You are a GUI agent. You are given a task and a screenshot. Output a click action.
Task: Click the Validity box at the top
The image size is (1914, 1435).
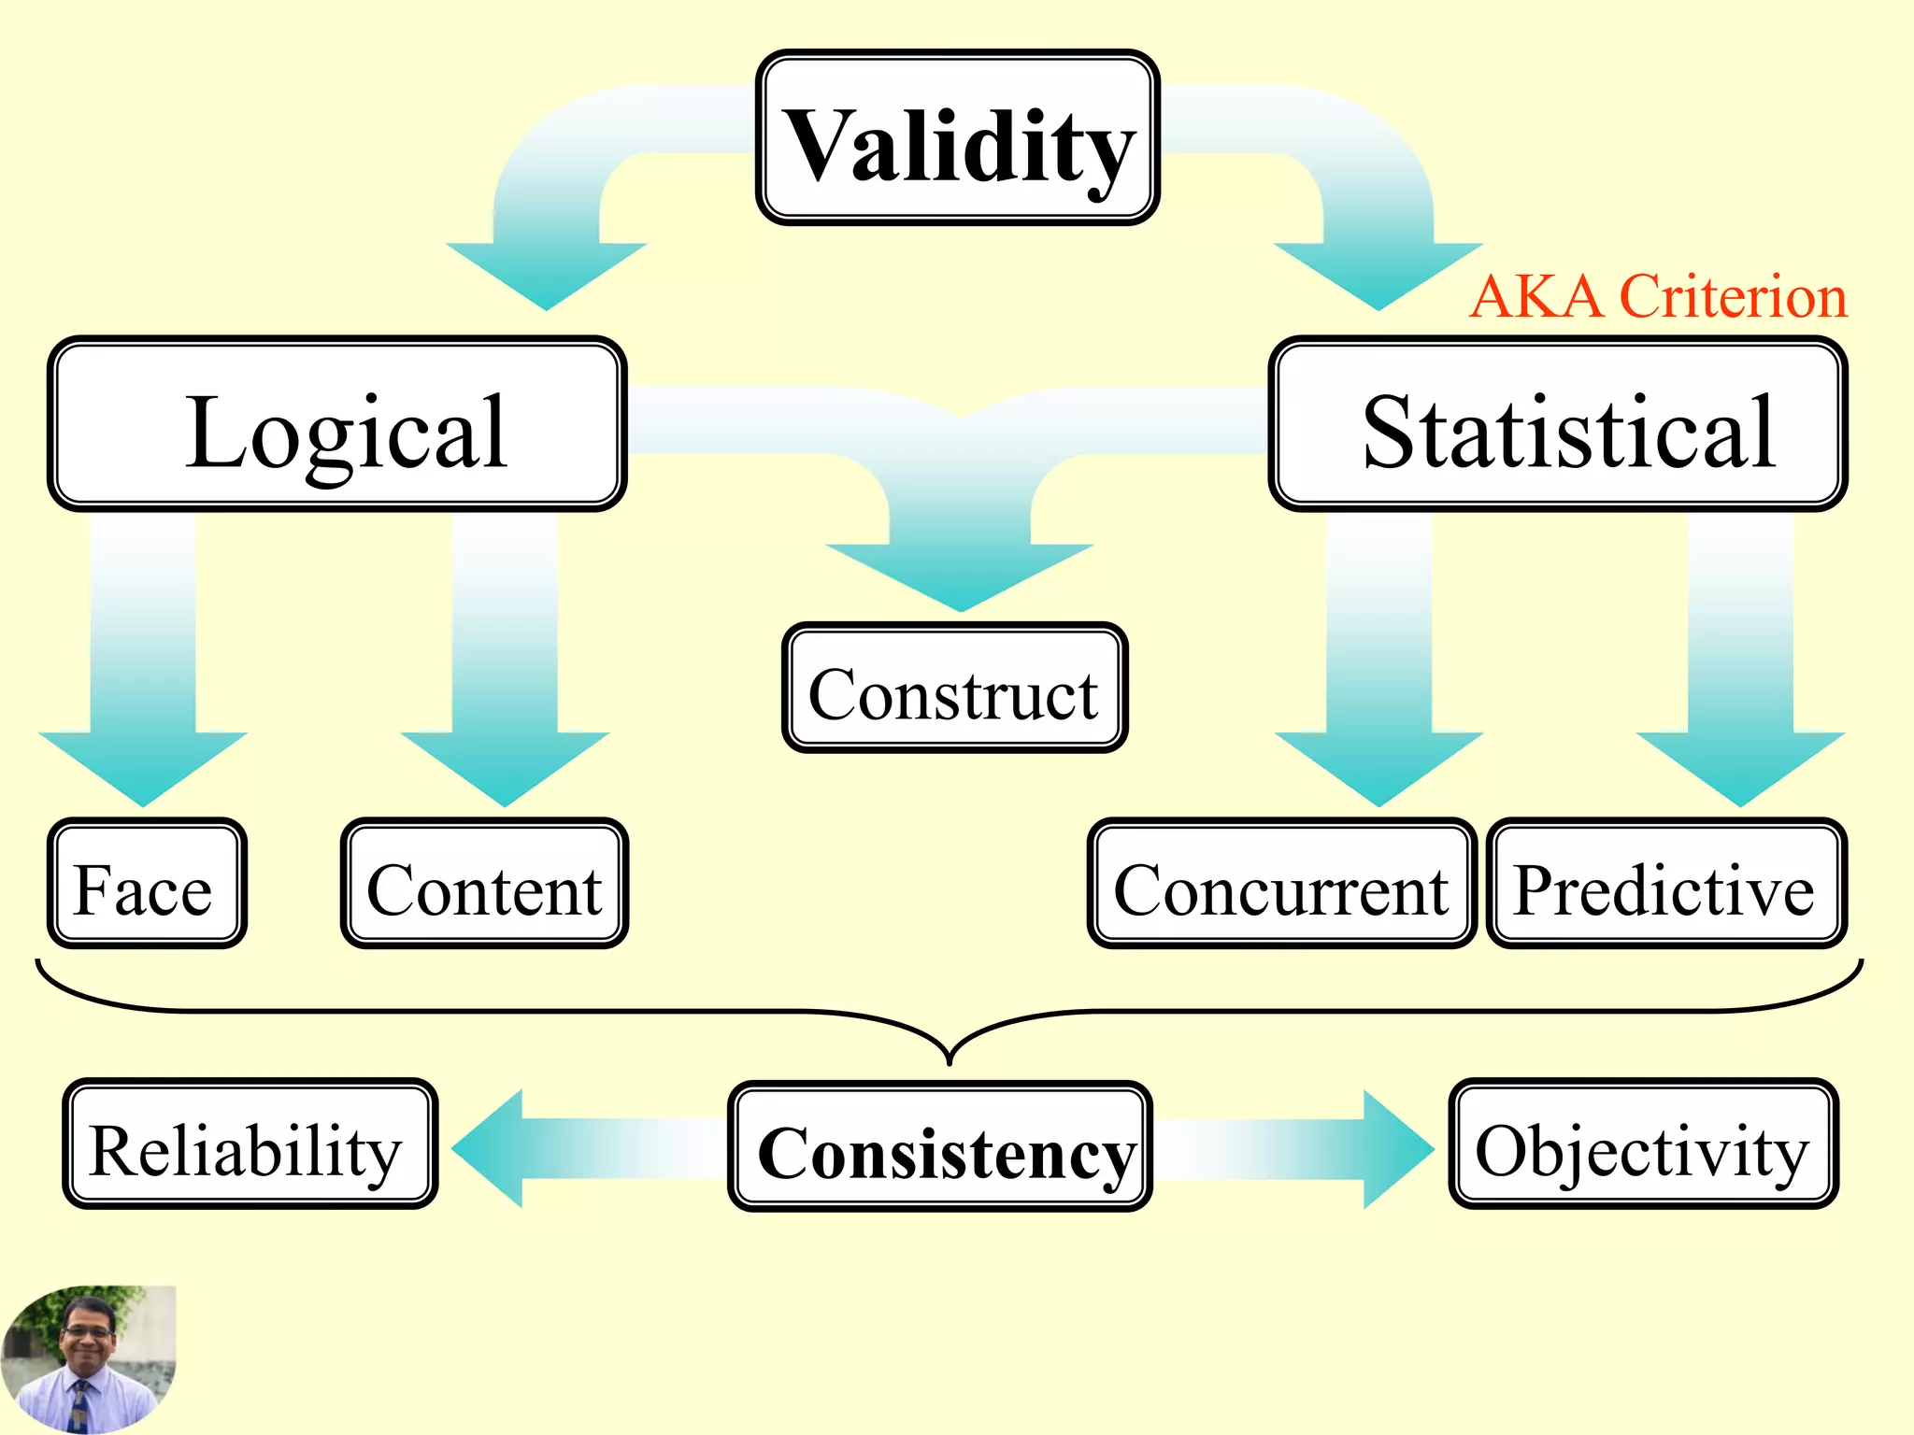(x=957, y=138)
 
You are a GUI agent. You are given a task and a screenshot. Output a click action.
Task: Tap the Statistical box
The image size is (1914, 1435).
(x=1557, y=424)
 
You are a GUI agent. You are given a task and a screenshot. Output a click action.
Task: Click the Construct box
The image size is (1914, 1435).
(x=954, y=688)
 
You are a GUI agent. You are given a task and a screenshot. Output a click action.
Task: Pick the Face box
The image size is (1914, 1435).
(x=147, y=884)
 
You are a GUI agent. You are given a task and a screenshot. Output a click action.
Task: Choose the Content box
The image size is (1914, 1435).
(x=484, y=884)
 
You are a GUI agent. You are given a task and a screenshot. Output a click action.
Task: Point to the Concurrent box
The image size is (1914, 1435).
(x=1281, y=884)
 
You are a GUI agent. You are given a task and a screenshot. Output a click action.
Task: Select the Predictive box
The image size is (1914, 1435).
(x=1665, y=884)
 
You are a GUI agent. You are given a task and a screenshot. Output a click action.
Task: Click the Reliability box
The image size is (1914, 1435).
(x=250, y=1144)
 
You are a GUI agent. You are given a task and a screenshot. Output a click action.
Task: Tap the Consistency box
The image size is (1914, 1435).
(x=939, y=1147)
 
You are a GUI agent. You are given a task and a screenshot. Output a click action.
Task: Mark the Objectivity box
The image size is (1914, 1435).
(x=1643, y=1144)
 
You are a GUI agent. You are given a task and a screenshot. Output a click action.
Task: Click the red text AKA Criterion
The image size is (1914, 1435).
(x=1658, y=297)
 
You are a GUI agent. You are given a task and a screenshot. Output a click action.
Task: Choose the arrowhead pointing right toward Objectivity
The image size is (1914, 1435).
(x=1393, y=1148)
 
